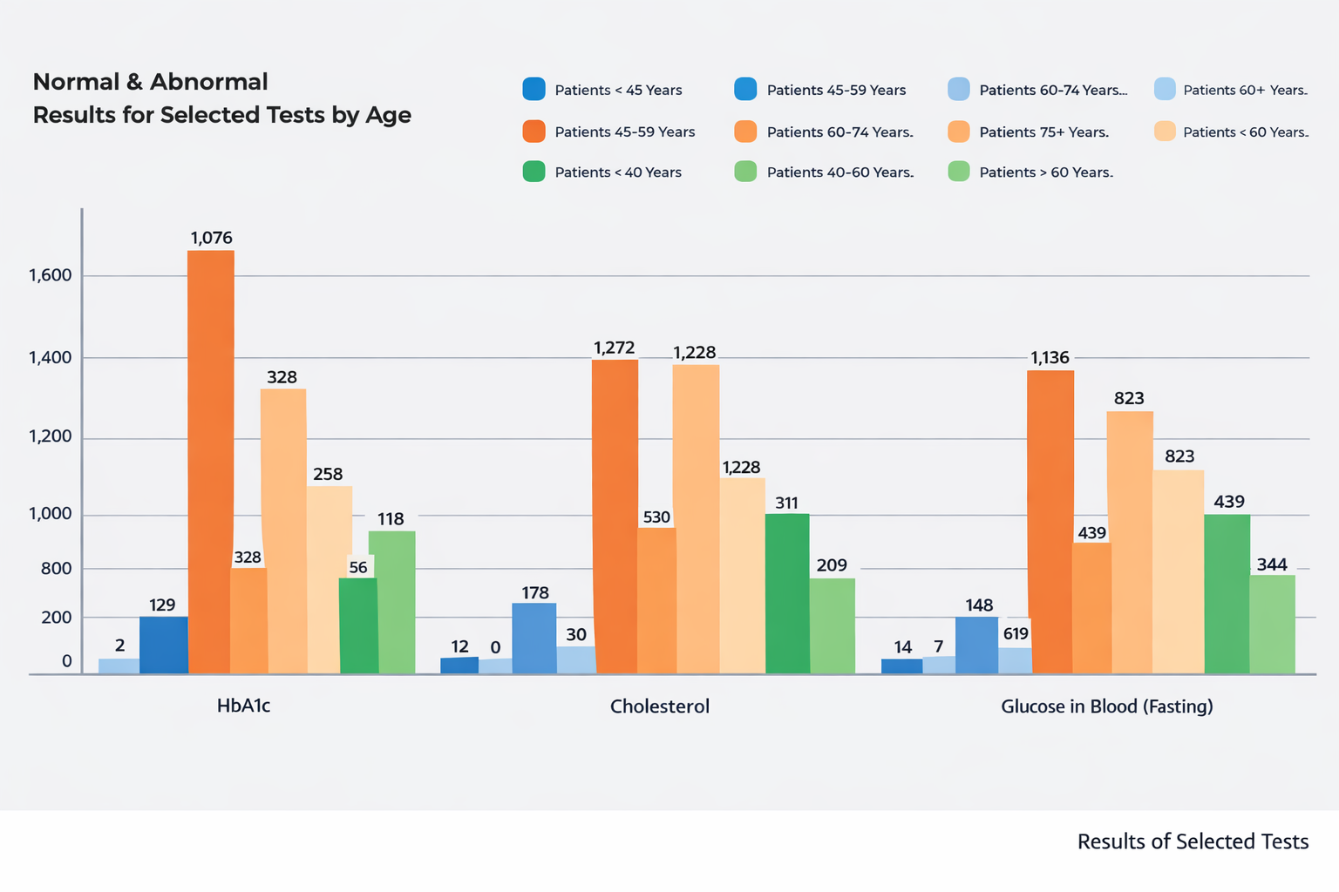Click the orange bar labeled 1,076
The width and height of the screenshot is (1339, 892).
pyautogui.click(x=211, y=462)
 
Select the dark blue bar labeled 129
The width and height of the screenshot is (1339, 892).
pyautogui.click(x=163, y=645)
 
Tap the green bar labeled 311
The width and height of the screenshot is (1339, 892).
pyautogui.click(x=787, y=593)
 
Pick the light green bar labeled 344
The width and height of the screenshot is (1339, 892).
pyautogui.click(x=1272, y=624)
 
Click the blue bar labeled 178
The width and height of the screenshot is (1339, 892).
pyautogui.click(x=534, y=638)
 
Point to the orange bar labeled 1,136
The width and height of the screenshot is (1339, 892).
pyautogui.click(x=1050, y=522)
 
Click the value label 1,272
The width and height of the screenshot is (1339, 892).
pyautogui.click(x=615, y=348)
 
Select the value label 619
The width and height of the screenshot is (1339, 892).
pyautogui.click(x=1016, y=634)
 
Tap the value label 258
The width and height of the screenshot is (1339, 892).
pyautogui.click(x=328, y=475)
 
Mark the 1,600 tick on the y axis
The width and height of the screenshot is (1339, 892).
pyautogui.click(x=51, y=276)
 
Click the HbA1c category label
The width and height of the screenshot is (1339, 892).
pyautogui.click(x=243, y=706)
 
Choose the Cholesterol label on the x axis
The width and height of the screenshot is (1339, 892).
pyautogui.click(x=660, y=706)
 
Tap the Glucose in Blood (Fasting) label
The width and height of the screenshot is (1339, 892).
pyautogui.click(x=1106, y=706)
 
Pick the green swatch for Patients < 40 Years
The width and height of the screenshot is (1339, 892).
pyautogui.click(x=534, y=172)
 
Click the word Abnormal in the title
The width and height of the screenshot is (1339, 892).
pyautogui.click(x=208, y=82)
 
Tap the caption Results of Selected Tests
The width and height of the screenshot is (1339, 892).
pyautogui.click(x=1193, y=841)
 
